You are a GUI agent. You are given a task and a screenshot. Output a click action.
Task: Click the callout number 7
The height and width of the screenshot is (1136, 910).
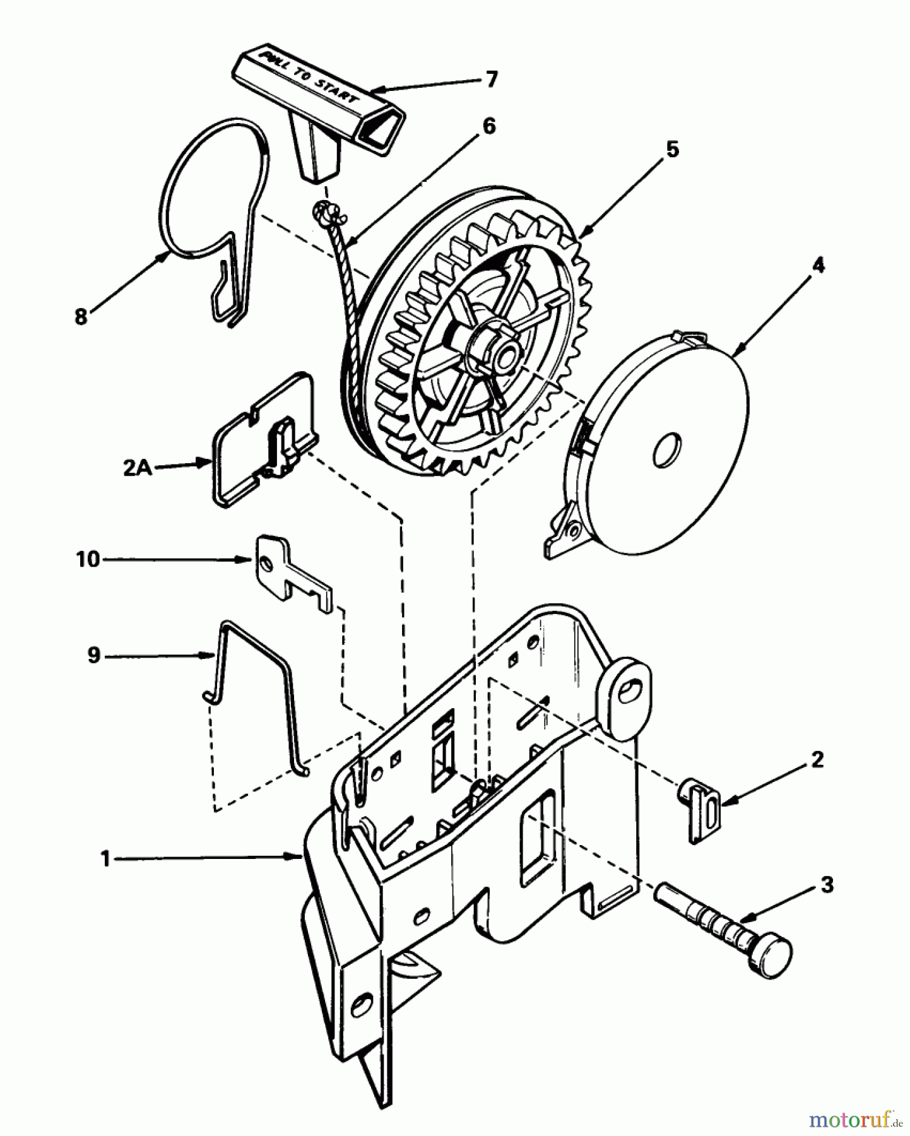point(491,79)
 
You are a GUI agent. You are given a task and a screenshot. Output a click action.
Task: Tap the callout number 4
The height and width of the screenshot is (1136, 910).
point(817,265)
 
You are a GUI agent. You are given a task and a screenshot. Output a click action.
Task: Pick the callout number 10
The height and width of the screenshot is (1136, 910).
point(88,559)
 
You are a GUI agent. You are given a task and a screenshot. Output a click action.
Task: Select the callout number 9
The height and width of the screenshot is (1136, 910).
point(93,656)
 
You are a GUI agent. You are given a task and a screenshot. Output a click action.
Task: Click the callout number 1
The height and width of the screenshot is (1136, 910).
point(105,859)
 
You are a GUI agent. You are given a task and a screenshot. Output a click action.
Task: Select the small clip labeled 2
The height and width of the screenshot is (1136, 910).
point(700,810)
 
